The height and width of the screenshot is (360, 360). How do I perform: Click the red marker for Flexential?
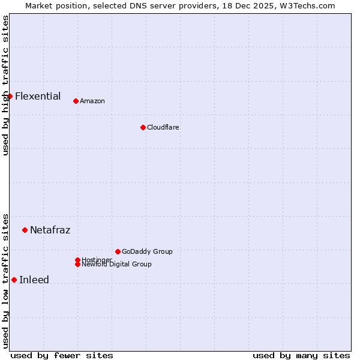tap(10, 96)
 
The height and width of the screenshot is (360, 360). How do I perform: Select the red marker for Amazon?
tap(76, 101)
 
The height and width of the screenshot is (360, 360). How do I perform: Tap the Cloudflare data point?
tap(143, 127)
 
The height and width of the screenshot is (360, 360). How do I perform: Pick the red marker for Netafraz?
tap(25, 230)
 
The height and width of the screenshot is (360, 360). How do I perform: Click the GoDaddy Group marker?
tap(118, 251)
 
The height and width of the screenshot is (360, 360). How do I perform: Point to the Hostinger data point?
tap(77, 260)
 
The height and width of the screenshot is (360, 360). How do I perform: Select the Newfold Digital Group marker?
tap(77, 264)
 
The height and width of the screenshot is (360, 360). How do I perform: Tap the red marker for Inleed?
tap(14, 280)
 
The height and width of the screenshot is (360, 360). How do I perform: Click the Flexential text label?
tap(38, 96)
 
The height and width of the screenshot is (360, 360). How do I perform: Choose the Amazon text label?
tap(92, 101)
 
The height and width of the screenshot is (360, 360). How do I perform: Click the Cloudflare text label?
tap(163, 127)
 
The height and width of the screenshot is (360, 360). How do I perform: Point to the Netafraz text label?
tap(50, 230)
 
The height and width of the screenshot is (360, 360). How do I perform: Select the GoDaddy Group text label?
tap(147, 251)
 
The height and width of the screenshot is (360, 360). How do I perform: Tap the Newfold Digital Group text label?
tap(117, 265)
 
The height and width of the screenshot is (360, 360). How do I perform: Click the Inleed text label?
tap(34, 280)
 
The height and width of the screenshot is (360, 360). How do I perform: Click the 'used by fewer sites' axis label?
tap(62, 355)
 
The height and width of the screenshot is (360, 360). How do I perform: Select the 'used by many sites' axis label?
tap(301, 355)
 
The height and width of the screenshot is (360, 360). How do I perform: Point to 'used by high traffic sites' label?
tap(5, 85)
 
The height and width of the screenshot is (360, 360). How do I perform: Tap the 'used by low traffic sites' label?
tap(5, 281)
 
